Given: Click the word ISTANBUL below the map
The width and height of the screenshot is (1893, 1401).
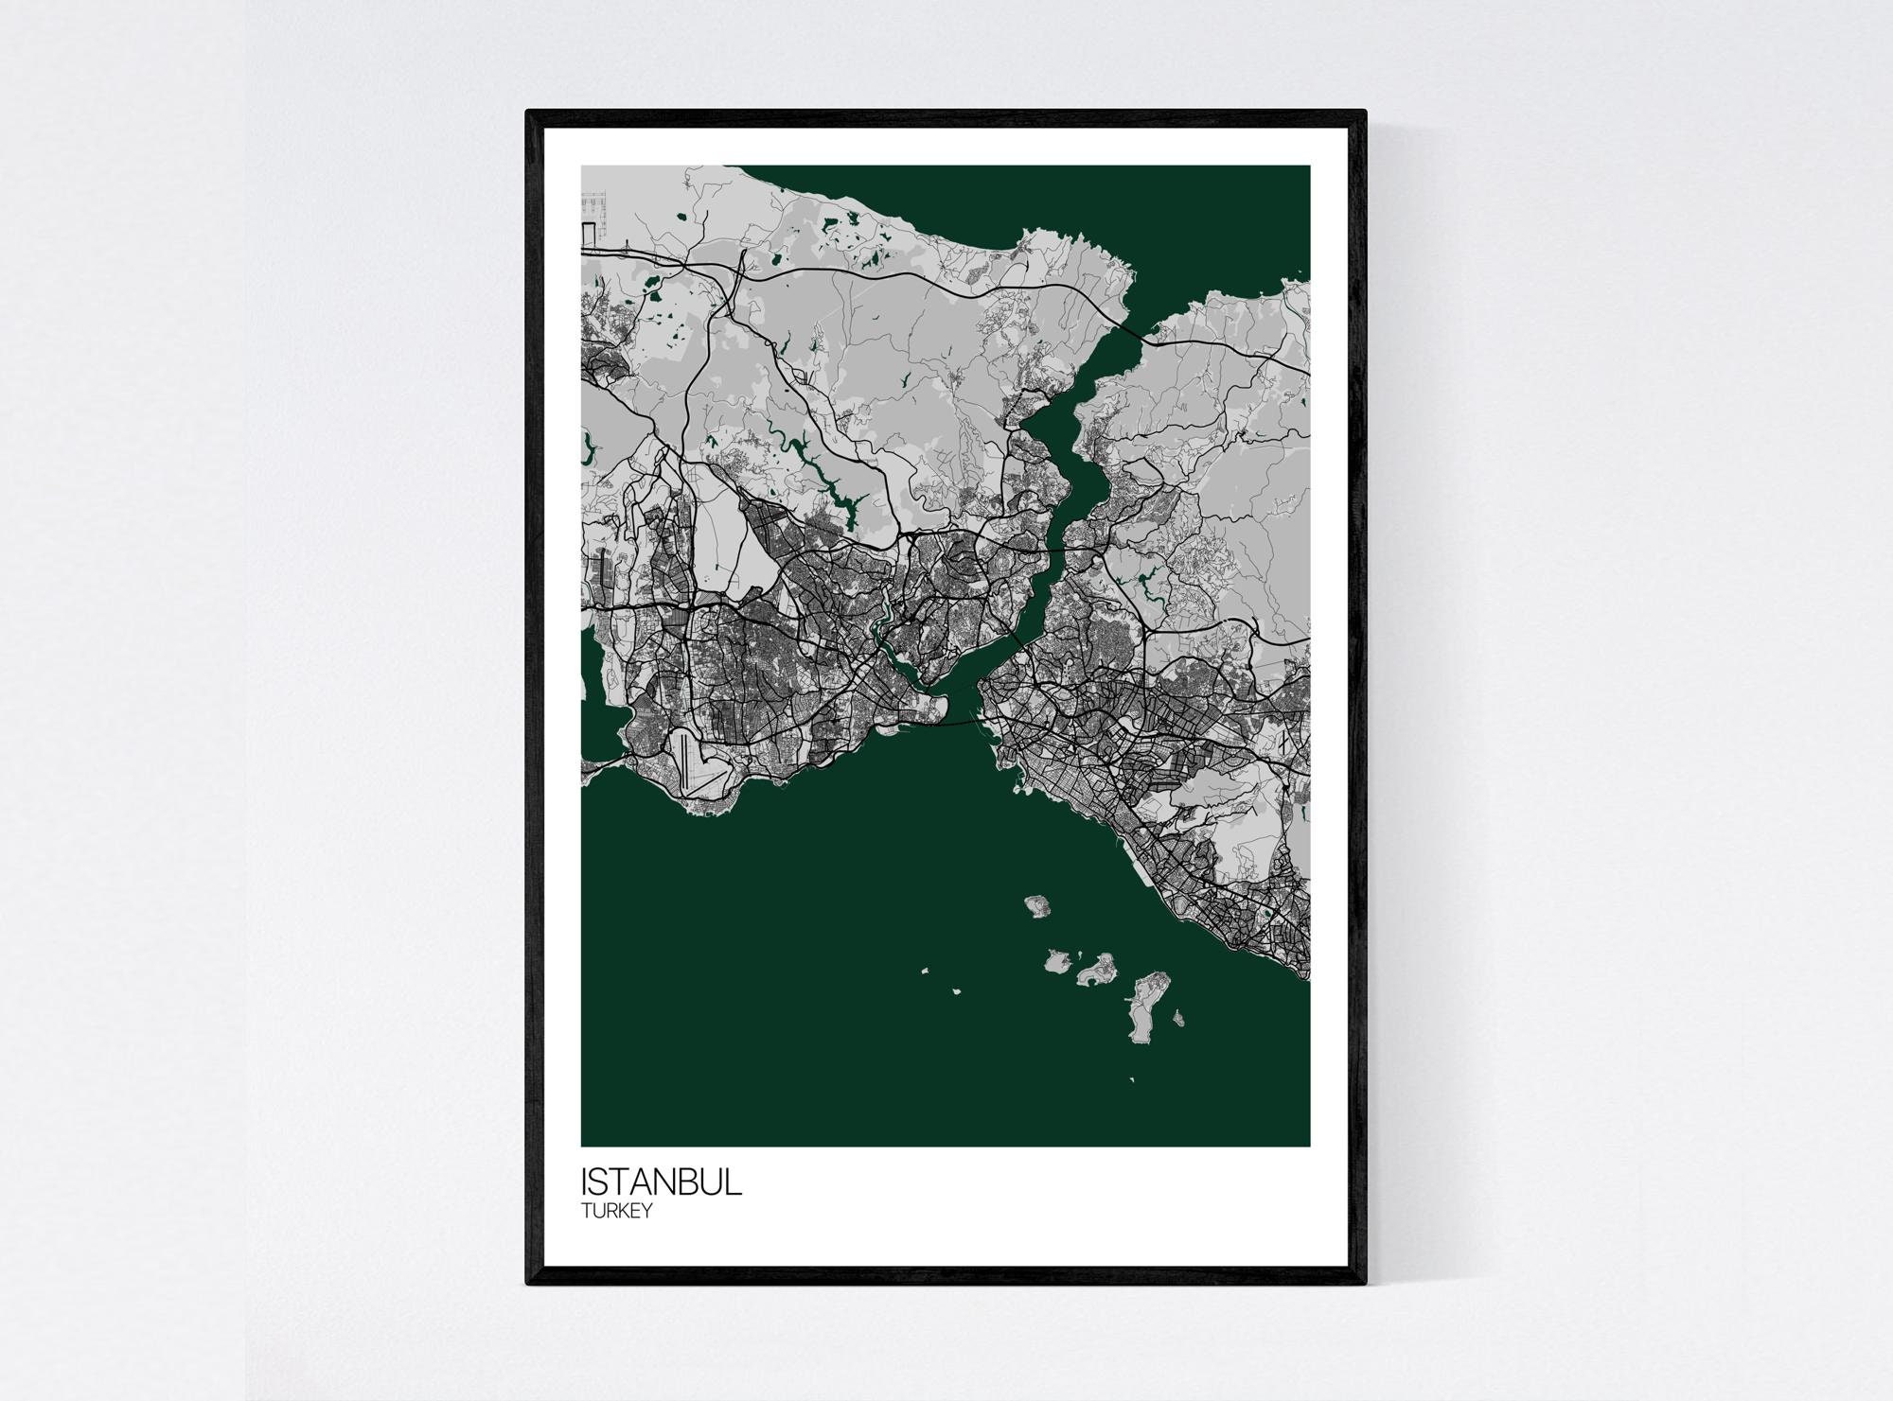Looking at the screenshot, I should pos(662,1183).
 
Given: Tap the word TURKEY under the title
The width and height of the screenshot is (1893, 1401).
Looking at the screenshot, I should pos(616,1212).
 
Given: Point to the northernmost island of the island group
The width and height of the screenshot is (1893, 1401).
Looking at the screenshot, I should pos(1036,905).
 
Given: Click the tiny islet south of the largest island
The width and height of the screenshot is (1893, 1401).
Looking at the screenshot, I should pos(1132,1080).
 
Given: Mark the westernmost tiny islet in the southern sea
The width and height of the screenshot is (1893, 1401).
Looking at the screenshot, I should pos(925,969).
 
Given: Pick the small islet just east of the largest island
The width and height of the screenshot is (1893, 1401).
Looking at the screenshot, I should pos(1177,1019).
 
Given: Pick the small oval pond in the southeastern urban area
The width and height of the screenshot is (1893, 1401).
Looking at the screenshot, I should pos(1266,914).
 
